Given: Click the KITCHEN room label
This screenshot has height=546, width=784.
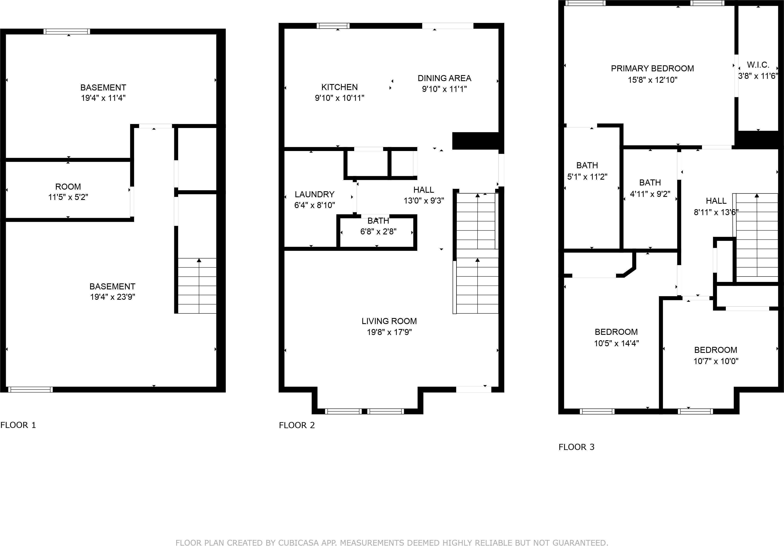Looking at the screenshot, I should [x=339, y=87].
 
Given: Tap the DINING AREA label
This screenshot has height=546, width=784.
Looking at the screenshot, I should [x=444, y=78].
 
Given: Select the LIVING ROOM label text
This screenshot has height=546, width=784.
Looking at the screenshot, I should [x=389, y=321].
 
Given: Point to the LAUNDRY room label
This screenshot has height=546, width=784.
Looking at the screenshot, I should [x=315, y=195].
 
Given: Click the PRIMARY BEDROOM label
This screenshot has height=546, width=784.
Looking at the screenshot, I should [x=652, y=69].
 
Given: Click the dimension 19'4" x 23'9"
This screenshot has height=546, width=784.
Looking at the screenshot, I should [x=112, y=297].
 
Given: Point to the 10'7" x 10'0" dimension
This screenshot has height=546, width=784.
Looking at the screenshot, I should [x=716, y=361].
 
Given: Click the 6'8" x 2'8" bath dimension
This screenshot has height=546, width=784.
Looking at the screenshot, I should [x=378, y=232].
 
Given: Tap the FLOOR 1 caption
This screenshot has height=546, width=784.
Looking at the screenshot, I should [x=18, y=425].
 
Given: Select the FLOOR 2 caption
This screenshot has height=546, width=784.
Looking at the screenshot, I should [x=297, y=425].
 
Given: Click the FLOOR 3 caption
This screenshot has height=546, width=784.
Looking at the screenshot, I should [x=576, y=447].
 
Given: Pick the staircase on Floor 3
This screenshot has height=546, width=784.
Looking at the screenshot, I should [x=757, y=235].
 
